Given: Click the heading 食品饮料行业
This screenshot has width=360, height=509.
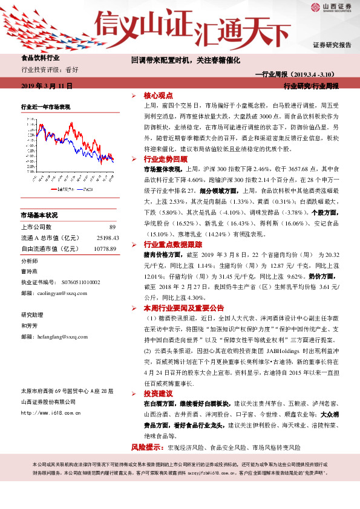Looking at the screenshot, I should (41, 59).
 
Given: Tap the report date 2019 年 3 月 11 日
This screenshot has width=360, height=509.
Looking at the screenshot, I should (47, 86).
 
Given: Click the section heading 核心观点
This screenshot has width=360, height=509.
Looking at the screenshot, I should (158, 96).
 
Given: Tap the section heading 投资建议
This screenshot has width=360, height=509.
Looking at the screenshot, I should (158, 394).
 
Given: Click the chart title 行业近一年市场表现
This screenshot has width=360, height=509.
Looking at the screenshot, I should (46, 106).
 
